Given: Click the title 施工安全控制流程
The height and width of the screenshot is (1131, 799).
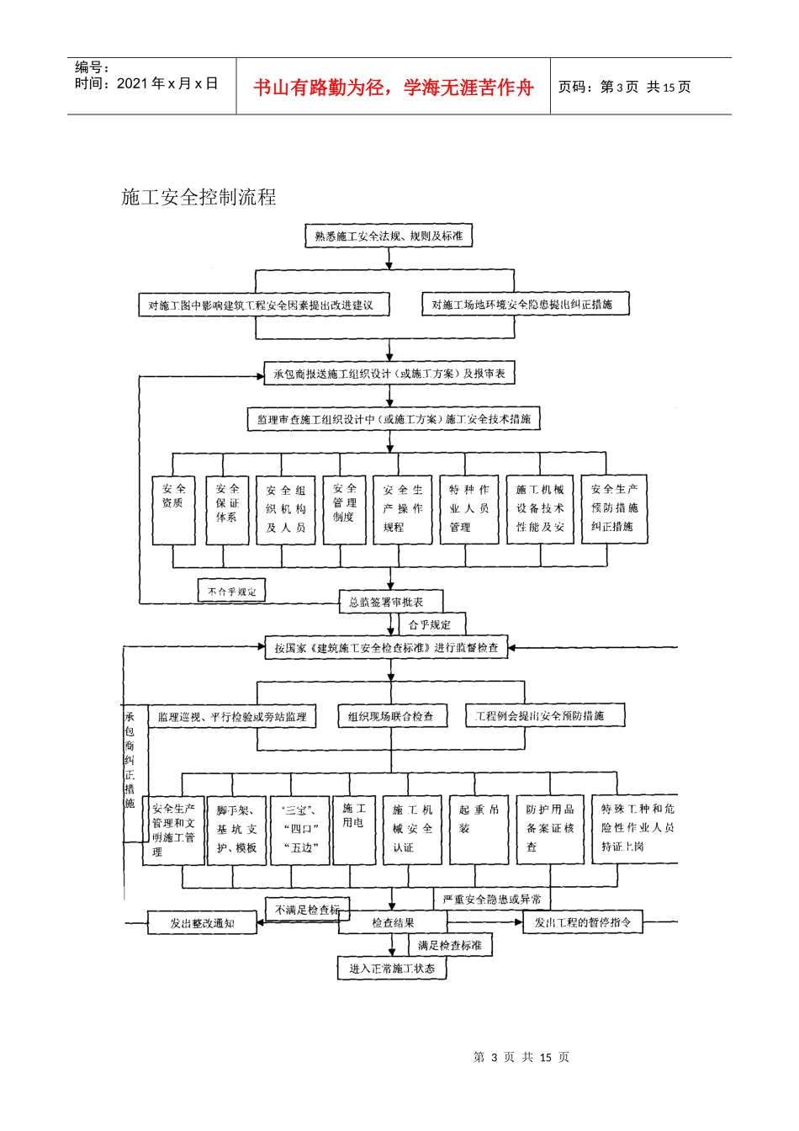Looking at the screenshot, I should [198, 198].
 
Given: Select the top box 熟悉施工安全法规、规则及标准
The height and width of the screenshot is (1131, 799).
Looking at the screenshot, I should [389, 236].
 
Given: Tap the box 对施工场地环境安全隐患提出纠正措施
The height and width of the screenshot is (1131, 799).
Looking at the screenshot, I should [524, 305].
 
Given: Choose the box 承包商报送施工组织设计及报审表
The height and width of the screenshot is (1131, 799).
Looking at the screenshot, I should [389, 374].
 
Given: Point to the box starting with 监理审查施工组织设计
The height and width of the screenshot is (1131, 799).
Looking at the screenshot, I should [394, 419].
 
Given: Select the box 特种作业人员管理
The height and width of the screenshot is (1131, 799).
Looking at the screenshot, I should [468, 509].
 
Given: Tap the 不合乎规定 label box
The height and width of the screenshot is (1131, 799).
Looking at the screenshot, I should [231, 592].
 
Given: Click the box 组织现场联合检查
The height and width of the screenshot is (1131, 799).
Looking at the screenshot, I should [390, 716].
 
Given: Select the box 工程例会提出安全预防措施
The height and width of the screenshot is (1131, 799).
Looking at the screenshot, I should [545, 716].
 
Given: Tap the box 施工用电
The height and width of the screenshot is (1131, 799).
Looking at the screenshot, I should [354, 829].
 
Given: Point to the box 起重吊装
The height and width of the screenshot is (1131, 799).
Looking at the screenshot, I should [479, 829].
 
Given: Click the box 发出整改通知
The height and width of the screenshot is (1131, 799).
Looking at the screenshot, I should [203, 923].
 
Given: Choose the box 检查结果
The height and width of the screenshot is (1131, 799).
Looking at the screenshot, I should [393, 923].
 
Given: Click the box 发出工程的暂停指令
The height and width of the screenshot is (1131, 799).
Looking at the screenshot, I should [583, 922].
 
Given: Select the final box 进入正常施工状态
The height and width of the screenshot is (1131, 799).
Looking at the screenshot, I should [392, 969].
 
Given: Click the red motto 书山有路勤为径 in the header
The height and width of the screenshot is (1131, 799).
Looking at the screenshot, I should [394, 88].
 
